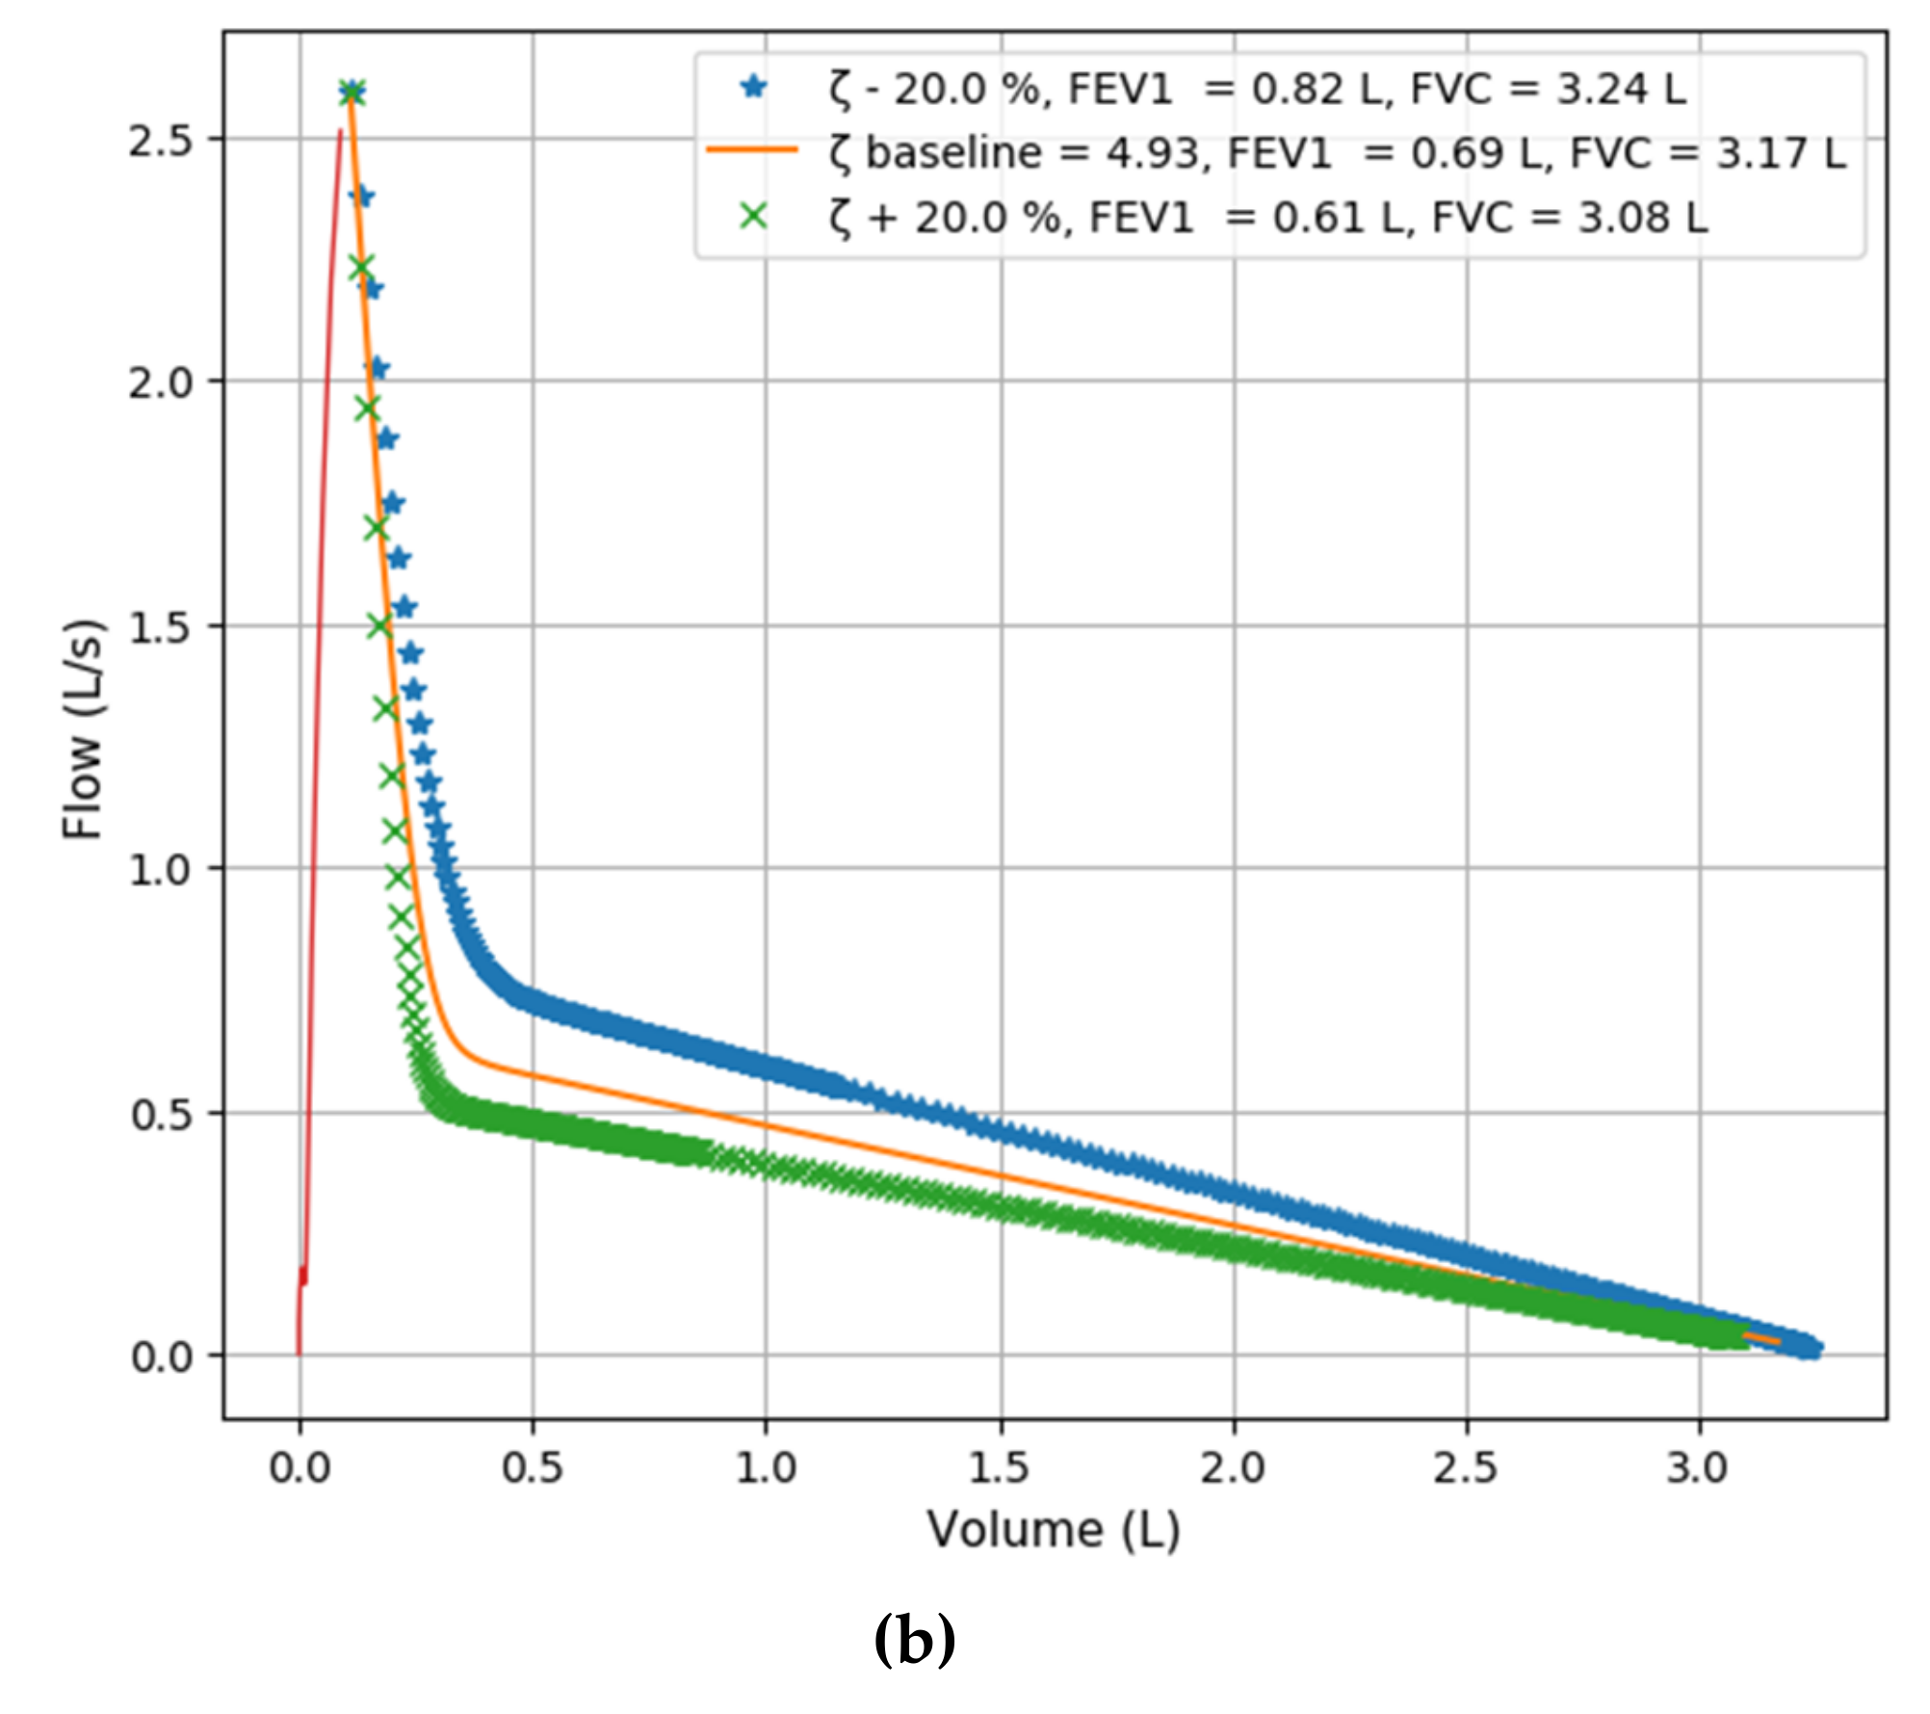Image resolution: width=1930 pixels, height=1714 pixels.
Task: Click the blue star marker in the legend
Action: [753, 88]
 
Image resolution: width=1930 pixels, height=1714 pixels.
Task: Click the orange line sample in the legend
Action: [752, 150]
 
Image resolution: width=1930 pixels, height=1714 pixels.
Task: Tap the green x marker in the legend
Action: [753, 217]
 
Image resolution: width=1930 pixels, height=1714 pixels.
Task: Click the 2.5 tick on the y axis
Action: [161, 141]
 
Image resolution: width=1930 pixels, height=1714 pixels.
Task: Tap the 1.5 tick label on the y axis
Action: [161, 628]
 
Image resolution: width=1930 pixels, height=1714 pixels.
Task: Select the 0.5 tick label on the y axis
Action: [161, 1116]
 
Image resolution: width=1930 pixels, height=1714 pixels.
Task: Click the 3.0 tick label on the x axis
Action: [1699, 1468]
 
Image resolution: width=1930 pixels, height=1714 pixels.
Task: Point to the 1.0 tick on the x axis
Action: [766, 1468]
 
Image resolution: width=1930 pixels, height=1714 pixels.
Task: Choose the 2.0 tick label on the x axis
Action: [1233, 1468]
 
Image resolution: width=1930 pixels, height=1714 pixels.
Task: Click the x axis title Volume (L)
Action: [1054, 1530]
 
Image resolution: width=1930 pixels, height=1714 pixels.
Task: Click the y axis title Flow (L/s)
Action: [83, 728]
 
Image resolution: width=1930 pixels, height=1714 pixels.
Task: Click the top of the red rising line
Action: [339, 132]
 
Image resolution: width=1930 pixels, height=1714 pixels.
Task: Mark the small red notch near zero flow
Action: [303, 1275]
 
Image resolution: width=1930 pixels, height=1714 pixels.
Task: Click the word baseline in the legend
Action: [952, 153]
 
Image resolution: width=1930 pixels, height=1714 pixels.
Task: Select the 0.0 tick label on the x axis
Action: [300, 1468]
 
